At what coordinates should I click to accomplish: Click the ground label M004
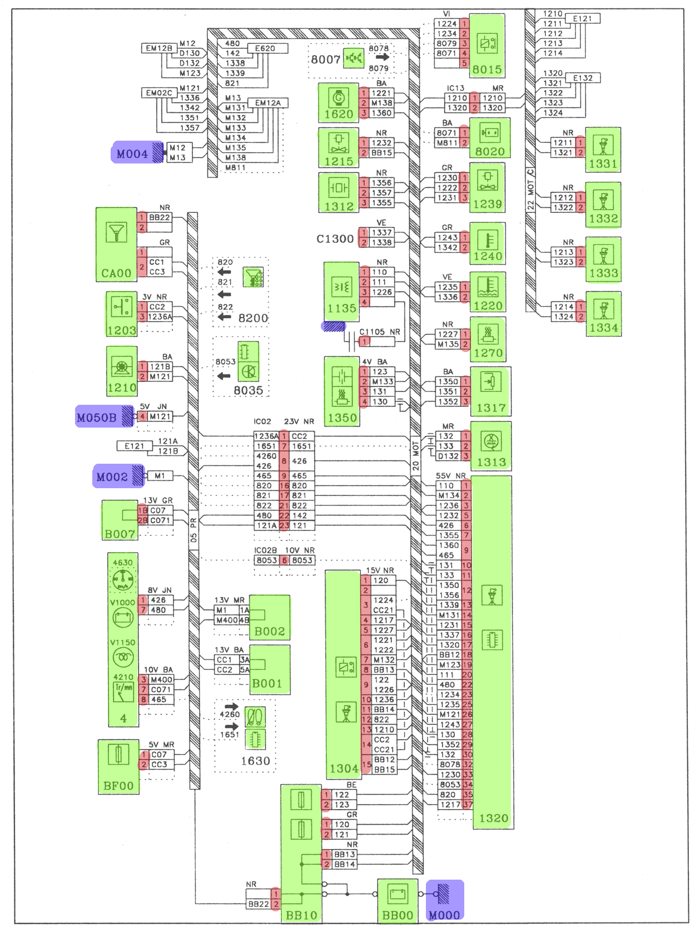pyautogui.click(x=132, y=154)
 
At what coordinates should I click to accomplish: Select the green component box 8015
pyautogui.click(x=487, y=46)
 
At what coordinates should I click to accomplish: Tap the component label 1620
pyautogui.click(x=339, y=115)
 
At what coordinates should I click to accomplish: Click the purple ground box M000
pyautogui.click(x=444, y=899)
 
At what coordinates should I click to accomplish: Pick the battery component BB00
pyautogui.click(x=398, y=899)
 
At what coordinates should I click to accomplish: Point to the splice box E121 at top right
pyautogui.click(x=582, y=19)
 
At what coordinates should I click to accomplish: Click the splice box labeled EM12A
pyautogui.click(x=268, y=103)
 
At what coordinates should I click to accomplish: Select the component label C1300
pyautogui.click(x=335, y=239)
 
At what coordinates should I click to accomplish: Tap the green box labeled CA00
pyautogui.click(x=116, y=245)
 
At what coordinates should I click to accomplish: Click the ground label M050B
pyautogui.click(x=97, y=418)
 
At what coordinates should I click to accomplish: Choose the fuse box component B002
pyautogui.click(x=270, y=617)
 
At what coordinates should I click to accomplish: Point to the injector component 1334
pyautogui.click(x=603, y=315)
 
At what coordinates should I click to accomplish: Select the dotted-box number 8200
pyautogui.click(x=253, y=318)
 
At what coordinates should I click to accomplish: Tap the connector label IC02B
pyautogui.click(x=266, y=550)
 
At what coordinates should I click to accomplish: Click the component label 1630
pyautogui.click(x=255, y=761)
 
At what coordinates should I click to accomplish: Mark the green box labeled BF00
pyautogui.click(x=118, y=767)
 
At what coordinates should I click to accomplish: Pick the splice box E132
pyautogui.click(x=582, y=78)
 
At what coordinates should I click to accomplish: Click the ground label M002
pyautogui.click(x=112, y=477)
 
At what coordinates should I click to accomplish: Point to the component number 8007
pyautogui.click(x=325, y=59)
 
